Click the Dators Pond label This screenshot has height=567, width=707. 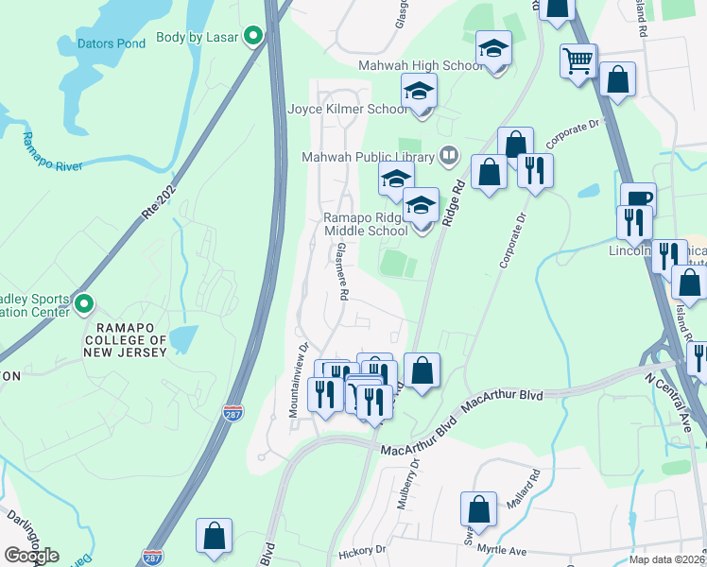(112, 43)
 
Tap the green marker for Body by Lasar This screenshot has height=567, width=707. (252, 37)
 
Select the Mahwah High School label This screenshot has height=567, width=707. (421, 66)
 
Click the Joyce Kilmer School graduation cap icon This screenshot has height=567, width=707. (419, 93)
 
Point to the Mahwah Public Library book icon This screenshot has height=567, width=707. (449, 156)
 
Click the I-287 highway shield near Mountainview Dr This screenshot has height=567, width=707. (233, 413)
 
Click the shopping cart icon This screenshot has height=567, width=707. (578, 61)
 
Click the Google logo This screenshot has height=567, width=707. (31, 556)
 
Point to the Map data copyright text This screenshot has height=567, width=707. (666, 559)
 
